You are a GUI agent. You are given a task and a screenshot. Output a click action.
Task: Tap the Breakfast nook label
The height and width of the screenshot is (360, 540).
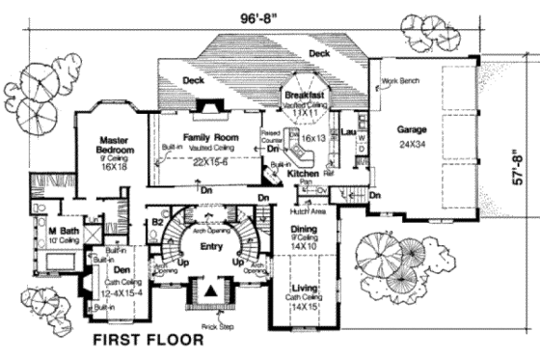click(x=304, y=98)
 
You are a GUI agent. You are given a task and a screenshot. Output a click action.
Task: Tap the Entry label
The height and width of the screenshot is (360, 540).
click(x=211, y=247)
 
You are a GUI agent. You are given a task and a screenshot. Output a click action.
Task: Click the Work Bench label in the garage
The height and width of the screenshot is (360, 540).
click(x=397, y=81)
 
